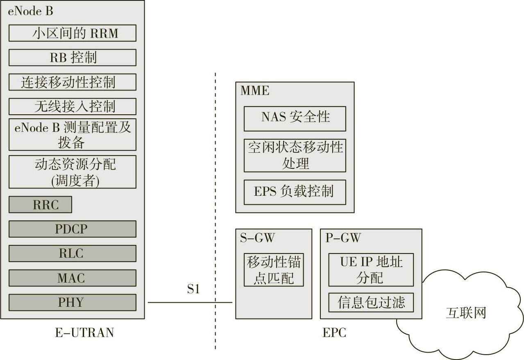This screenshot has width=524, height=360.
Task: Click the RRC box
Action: point(40,205)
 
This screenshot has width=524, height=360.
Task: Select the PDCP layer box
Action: point(72,229)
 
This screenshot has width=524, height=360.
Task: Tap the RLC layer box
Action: point(72,254)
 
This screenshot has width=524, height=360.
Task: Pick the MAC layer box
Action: point(72,278)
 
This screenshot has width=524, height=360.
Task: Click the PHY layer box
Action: point(72,303)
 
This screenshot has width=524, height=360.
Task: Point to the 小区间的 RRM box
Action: point(72,33)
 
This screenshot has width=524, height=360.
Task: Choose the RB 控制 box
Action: point(72,58)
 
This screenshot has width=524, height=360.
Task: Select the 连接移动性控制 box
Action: point(72,82)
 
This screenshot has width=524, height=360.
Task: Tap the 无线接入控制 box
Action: point(72,106)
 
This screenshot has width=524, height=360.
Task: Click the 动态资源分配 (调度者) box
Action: point(72,172)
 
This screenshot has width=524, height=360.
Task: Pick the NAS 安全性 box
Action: point(295,118)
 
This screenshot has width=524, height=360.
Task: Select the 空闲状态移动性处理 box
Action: point(295,155)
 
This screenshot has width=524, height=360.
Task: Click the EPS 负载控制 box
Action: point(295,192)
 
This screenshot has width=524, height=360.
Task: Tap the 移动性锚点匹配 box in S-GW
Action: point(274,270)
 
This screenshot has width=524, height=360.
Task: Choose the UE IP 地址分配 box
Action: point(371,269)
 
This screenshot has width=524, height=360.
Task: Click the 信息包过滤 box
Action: point(371,302)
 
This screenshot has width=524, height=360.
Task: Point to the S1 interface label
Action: point(193,290)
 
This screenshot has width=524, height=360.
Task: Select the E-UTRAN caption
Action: point(84,333)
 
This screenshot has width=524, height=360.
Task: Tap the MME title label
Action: point(255,91)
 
